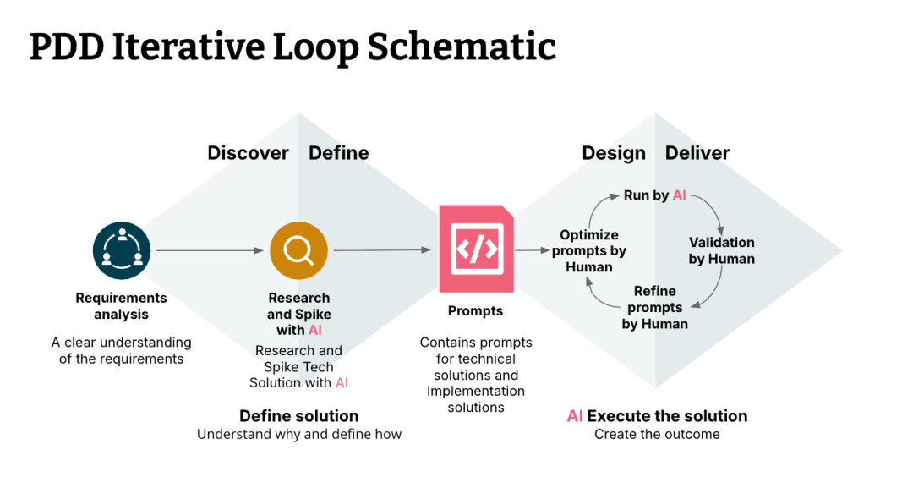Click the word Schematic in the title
[x=462, y=47]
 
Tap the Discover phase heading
[x=248, y=153]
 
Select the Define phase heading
[x=339, y=153]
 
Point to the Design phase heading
[x=614, y=153]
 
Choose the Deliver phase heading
[x=697, y=153]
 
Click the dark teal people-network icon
[x=122, y=250]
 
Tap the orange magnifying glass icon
[x=298, y=250]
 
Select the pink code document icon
[x=476, y=249]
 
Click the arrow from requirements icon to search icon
[x=210, y=250]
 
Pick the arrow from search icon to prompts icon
[x=382, y=250]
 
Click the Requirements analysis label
[x=121, y=305]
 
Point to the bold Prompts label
[x=475, y=311]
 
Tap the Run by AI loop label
[x=655, y=195]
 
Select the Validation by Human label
[x=721, y=250]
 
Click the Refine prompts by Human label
[x=655, y=307]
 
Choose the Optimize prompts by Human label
[x=588, y=251]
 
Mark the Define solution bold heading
[x=298, y=416]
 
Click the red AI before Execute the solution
[x=575, y=416]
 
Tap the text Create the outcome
[x=657, y=434]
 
